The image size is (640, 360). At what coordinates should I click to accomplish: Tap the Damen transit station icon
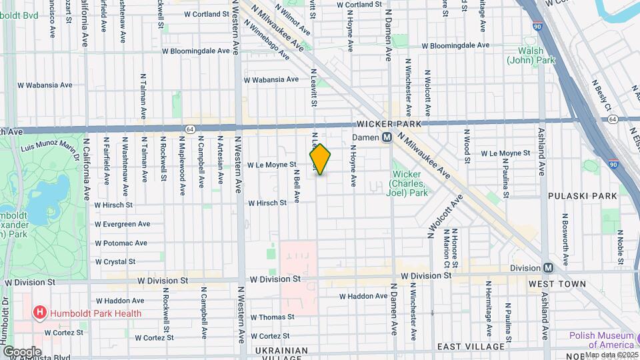point(386,137)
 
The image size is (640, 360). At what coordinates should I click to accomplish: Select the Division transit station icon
point(549,268)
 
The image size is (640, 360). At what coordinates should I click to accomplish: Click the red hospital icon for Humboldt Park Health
point(40,313)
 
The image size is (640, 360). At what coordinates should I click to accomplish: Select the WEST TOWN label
point(557,284)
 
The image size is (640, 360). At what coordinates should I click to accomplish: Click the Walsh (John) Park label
point(531,55)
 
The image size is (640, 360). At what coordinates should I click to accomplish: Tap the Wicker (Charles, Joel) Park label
point(405,183)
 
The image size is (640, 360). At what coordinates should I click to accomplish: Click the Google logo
point(21,351)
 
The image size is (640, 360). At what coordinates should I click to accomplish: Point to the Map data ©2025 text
point(611,355)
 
